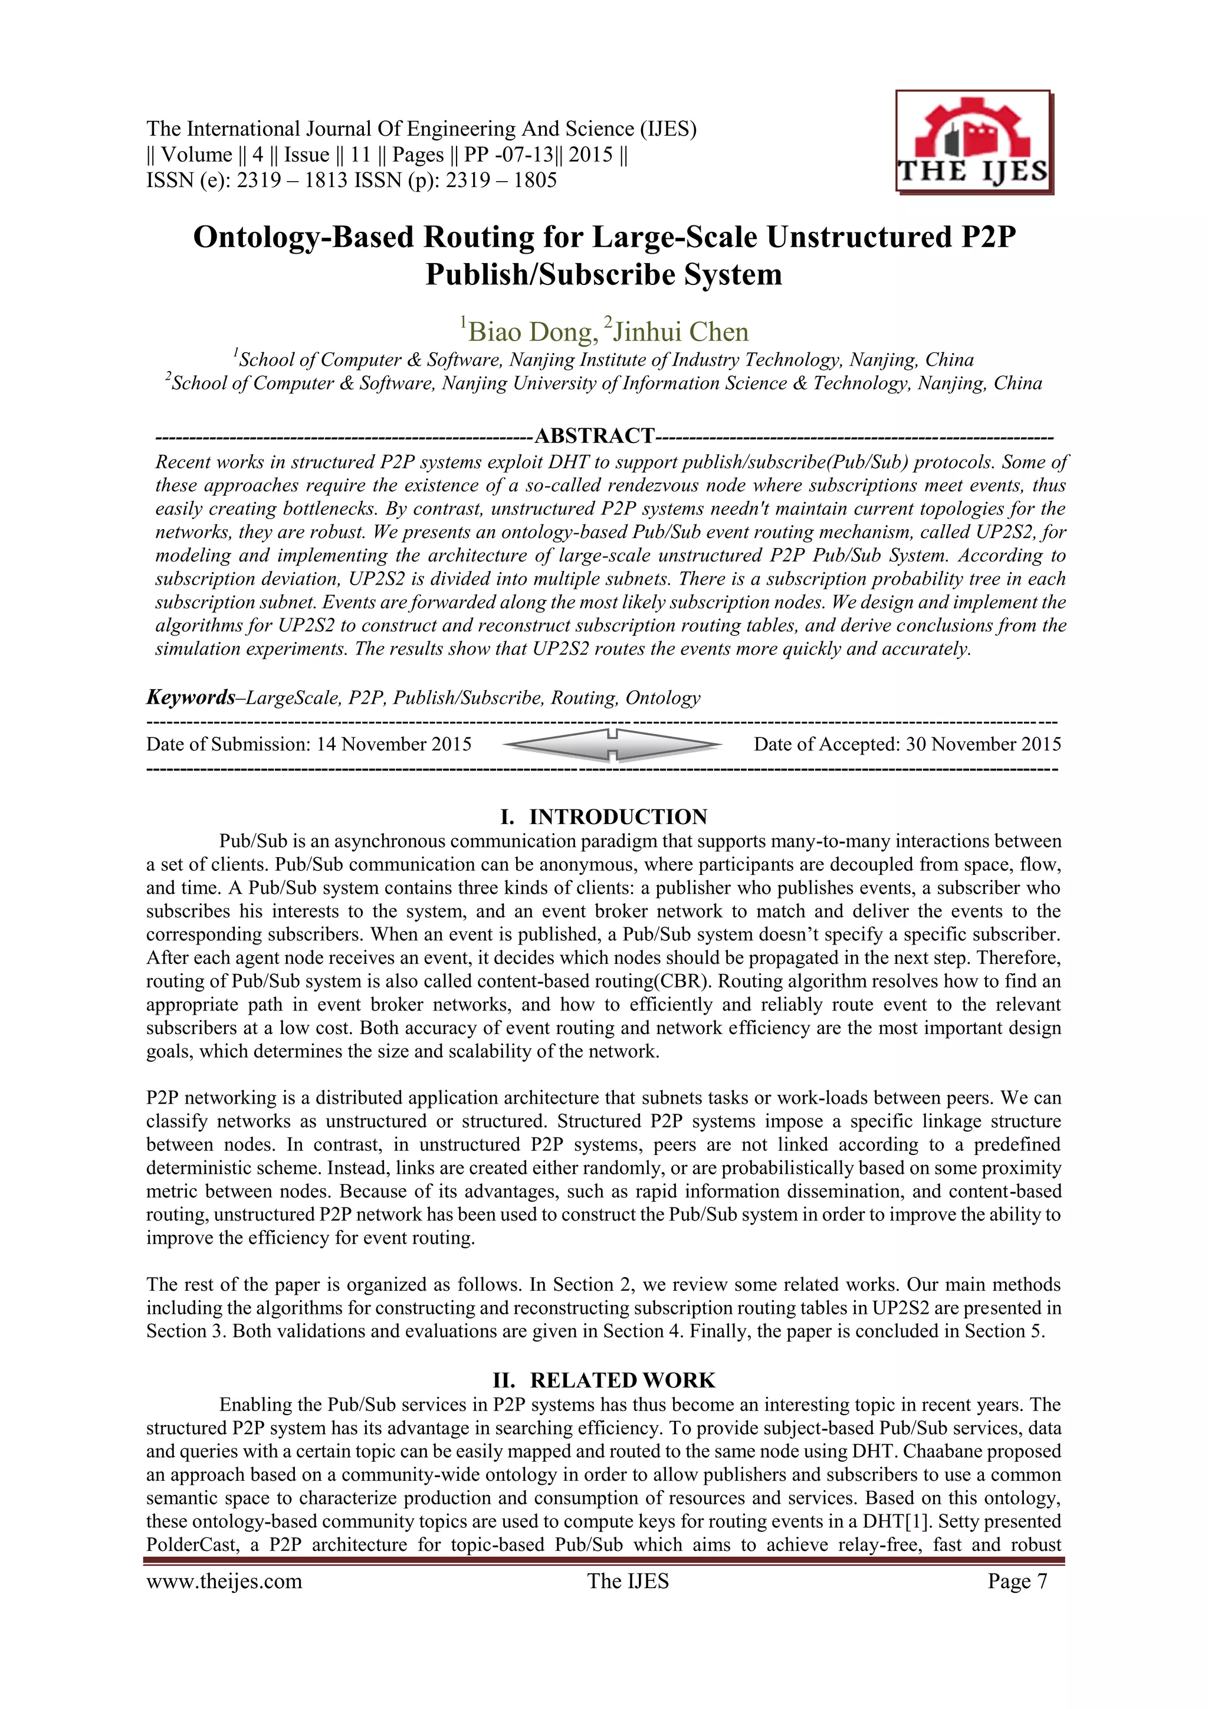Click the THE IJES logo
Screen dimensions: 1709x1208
[x=974, y=143]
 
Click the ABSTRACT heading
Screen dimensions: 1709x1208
[x=594, y=435]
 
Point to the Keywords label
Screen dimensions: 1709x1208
[x=191, y=697]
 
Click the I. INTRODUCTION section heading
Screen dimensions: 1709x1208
[x=603, y=816]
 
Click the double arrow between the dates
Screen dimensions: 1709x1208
[x=612, y=744]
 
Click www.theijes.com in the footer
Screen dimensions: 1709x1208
[x=224, y=1582]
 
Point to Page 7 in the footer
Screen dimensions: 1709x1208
[x=1017, y=1582]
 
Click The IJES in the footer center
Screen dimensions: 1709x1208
[x=628, y=1582]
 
